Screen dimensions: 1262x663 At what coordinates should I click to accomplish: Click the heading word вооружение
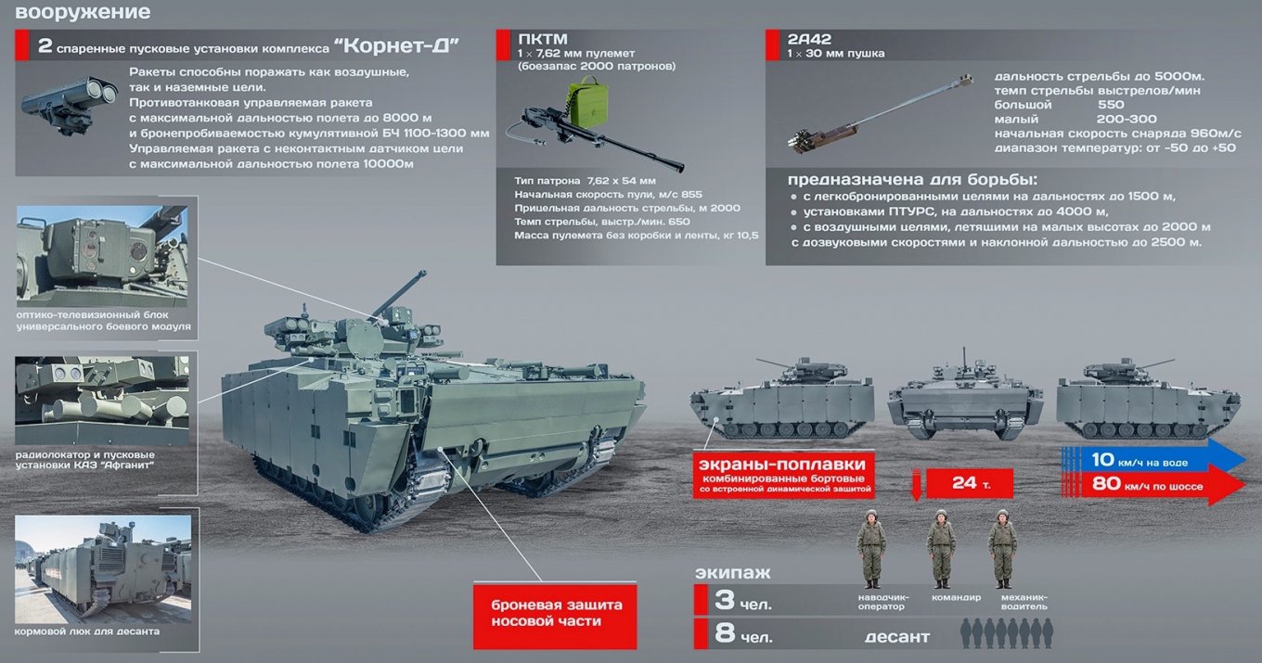pos(83,12)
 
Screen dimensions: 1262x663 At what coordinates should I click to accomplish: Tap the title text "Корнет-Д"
pos(396,45)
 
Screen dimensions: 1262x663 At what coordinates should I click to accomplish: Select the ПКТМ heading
pos(543,39)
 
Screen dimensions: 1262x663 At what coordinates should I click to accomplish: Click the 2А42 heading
pos(809,39)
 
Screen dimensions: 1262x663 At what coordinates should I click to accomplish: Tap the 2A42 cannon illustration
pos(879,113)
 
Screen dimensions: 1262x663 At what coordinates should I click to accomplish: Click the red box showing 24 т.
pos(970,483)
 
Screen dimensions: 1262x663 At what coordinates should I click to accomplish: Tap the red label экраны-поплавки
pos(784,475)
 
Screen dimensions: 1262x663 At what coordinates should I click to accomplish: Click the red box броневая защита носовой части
pos(555,616)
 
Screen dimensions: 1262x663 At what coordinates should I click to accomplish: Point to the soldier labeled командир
pos(941,549)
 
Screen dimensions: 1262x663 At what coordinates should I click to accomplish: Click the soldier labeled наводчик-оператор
pos(871,549)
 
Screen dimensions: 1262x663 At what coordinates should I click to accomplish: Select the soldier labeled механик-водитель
pos(1003,549)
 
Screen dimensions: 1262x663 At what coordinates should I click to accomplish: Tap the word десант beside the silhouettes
pos(897,636)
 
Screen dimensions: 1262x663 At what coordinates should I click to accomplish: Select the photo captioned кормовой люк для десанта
pos(103,569)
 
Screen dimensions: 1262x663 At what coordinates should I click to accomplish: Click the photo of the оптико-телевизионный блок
pos(102,256)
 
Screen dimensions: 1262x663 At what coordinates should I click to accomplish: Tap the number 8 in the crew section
pos(725,632)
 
